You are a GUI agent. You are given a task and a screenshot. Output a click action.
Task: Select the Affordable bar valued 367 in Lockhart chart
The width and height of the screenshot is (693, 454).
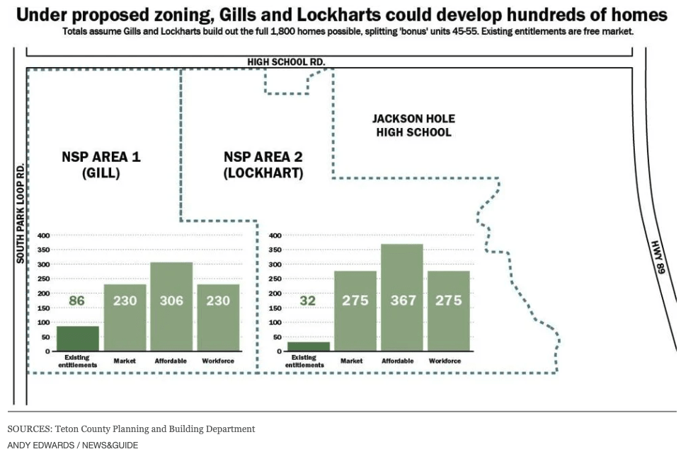tap(401, 298)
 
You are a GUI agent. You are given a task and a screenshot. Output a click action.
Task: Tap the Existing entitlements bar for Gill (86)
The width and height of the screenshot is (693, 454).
tap(77, 338)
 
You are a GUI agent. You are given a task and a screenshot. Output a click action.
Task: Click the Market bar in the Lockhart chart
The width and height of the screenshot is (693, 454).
tap(355, 311)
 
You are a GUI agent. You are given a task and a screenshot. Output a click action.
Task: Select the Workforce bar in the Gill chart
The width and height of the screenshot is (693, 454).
tap(218, 318)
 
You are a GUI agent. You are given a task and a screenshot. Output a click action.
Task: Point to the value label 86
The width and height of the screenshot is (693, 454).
tap(77, 301)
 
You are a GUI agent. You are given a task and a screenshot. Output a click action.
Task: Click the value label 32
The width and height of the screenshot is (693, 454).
tap(308, 301)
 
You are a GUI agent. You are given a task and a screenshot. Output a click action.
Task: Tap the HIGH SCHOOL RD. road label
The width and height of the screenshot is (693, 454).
tap(286, 62)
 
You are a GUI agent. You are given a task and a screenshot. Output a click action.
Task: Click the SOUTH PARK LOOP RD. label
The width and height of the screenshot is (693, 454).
tap(21, 213)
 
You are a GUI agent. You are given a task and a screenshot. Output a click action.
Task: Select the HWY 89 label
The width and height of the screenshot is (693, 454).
tap(659, 257)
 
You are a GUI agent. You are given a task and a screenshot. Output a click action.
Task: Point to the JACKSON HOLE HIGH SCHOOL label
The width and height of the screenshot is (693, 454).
tap(413, 125)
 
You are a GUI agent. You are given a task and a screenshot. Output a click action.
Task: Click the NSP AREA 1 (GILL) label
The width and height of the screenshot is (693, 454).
tap(101, 165)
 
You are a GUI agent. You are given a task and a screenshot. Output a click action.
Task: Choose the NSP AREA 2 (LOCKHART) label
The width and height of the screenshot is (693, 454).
tap(263, 165)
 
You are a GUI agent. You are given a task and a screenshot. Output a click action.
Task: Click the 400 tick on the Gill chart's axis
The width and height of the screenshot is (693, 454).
tap(43, 235)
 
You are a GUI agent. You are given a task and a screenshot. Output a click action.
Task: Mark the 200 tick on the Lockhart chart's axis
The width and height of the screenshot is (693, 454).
tap(275, 293)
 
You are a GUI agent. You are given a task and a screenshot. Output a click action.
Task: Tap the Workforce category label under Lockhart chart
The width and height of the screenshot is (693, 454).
tap(445, 361)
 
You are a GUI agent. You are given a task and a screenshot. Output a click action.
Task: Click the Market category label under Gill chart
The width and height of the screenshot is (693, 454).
tap(125, 361)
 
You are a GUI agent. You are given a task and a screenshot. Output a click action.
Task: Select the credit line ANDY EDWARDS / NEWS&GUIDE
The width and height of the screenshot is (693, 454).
tap(73, 445)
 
